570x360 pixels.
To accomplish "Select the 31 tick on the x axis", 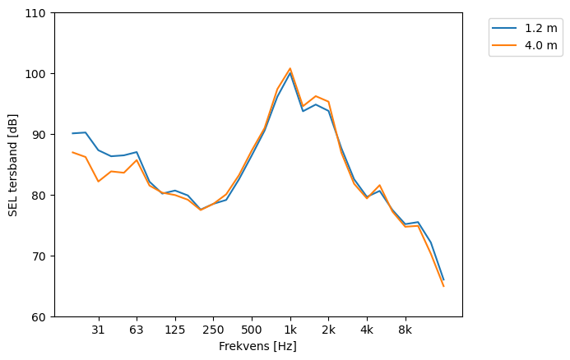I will (98, 330).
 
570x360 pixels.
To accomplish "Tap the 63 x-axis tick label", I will (137, 330).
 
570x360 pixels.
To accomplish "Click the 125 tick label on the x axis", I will (174, 330).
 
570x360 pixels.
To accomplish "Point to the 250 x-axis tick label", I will (213, 330).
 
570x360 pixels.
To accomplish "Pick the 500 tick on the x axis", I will (252, 330).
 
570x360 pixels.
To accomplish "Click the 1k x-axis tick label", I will (290, 330).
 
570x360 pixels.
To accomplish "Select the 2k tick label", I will (328, 330).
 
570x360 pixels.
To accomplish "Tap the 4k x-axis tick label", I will (367, 330).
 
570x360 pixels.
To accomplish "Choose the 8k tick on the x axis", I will (405, 330).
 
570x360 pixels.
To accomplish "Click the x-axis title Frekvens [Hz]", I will (257, 347).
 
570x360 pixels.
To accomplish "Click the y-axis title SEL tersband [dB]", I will (13, 164).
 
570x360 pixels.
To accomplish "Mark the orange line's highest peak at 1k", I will (290, 68).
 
